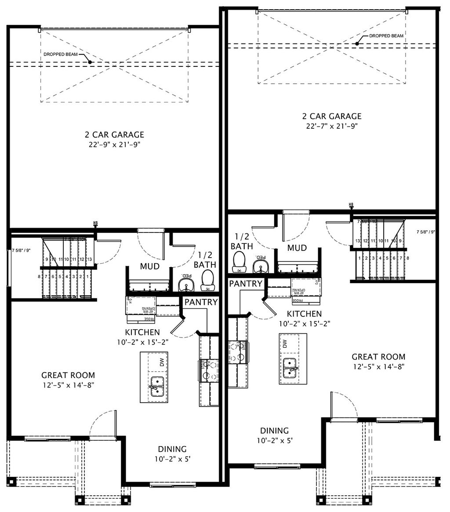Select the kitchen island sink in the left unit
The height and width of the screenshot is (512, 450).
click(157, 386)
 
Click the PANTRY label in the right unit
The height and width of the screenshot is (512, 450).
click(245, 283)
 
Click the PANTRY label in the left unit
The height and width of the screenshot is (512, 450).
click(201, 302)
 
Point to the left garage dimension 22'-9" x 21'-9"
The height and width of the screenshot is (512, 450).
click(115, 144)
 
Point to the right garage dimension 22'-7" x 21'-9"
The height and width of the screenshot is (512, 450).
click(332, 126)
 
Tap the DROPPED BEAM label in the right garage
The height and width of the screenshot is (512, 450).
click(386, 36)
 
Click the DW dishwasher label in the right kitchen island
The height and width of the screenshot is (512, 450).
click(285, 344)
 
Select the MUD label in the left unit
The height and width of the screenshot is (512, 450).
click(149, 266)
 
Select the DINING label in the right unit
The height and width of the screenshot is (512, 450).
click(274, 430)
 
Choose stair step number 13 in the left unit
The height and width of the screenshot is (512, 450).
click(89, 260)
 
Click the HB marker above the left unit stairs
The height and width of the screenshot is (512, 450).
click(95, 224)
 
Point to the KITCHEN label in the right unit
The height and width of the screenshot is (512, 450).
click(304, 314)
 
